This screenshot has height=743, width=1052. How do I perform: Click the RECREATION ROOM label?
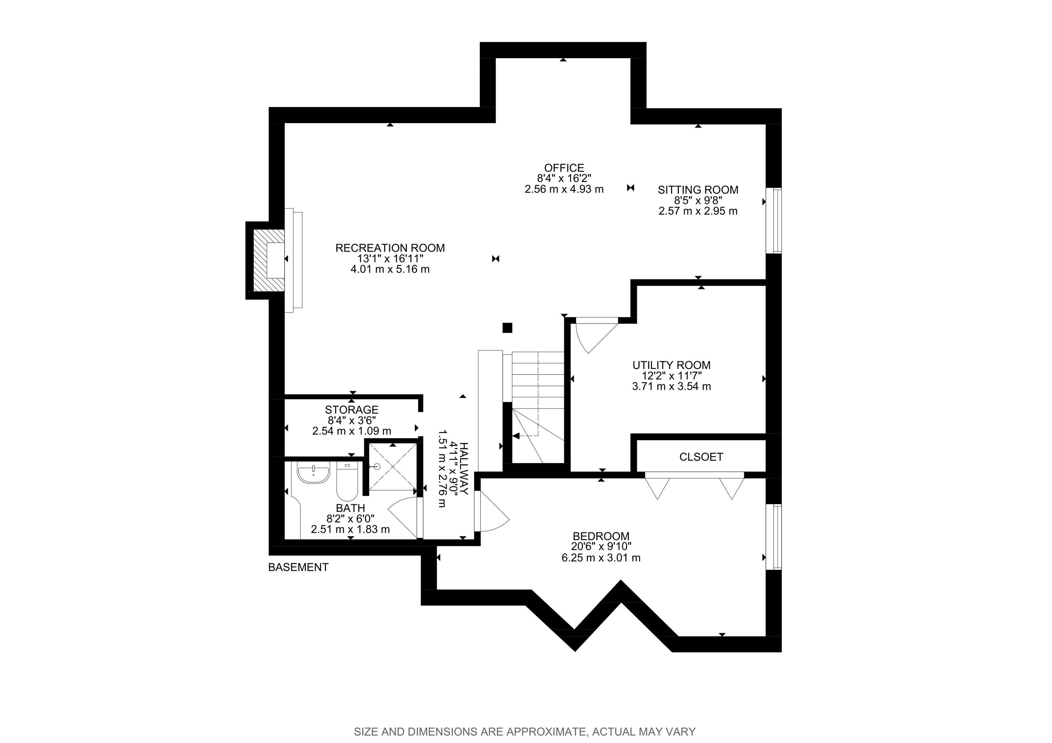coord(390,248)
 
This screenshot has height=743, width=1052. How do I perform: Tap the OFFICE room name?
coord(564,168)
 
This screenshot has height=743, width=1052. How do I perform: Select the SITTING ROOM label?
coord(698,190)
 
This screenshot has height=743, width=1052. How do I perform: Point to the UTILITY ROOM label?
coord(671,365)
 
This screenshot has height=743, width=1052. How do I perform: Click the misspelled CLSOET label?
coord(701,457)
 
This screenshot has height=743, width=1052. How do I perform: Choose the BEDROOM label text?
coord(601,536)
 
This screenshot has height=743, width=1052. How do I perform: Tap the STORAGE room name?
coord(351,410)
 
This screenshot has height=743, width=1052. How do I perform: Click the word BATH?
coord(351,508)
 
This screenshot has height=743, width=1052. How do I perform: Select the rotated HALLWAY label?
coord(464,468)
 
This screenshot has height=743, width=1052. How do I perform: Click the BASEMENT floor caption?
coord(298,567)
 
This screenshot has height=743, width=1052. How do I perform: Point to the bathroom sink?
coord(313,473)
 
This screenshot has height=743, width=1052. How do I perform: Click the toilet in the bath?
coord(347,481)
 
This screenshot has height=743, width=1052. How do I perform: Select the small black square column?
coord(507,328)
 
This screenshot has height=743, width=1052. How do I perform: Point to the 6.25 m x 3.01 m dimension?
coord(601,558)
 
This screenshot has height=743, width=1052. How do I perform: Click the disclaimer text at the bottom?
coord(525,732)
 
